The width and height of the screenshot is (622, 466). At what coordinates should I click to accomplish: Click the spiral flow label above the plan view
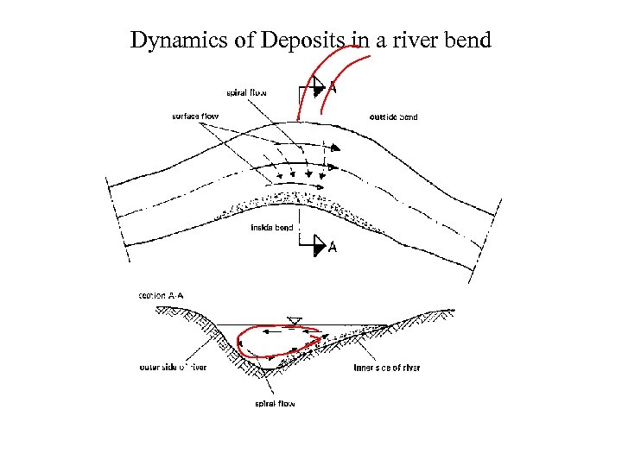(x=248, y=91)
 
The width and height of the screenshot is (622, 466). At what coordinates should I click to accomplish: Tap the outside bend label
(x=393, y=116)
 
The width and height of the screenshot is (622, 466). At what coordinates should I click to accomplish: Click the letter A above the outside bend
(x=333, y=87)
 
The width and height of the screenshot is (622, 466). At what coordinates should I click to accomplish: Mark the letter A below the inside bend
(x=333, y=249)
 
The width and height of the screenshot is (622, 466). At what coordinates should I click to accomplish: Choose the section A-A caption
(x=162, y=296)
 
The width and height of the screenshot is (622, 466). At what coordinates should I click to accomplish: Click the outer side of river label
(x=173, y=368)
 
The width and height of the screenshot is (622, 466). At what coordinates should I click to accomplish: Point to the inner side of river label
(x=387, y=368)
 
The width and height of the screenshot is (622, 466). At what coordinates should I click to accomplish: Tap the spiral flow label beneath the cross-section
(x=275, y=404)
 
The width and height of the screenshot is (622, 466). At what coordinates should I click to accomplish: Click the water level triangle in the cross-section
(x=295, y=321)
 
